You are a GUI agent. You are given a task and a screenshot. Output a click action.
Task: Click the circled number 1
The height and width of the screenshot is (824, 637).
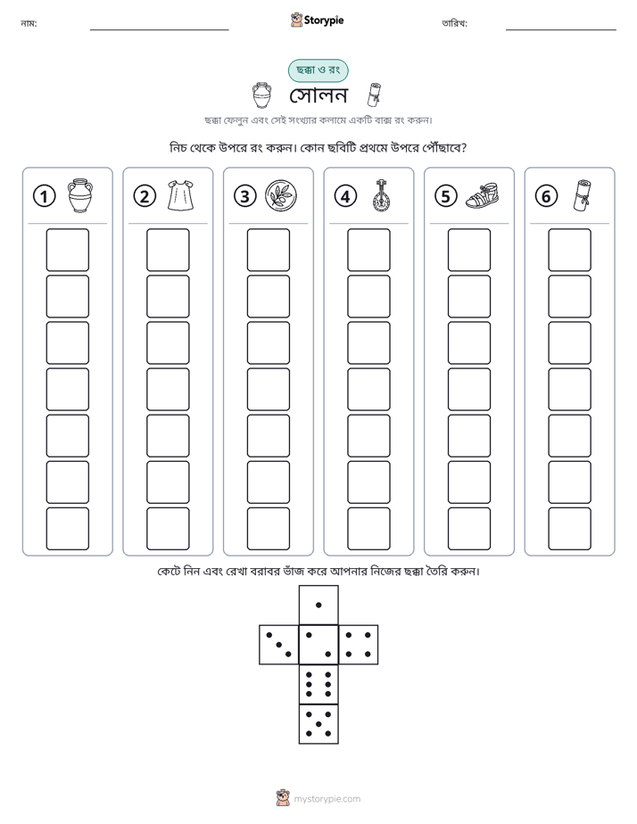point(44,196)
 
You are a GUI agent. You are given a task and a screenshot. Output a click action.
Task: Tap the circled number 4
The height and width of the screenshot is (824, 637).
point(345,196)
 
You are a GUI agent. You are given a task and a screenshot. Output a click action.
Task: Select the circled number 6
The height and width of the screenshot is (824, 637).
point(546,196)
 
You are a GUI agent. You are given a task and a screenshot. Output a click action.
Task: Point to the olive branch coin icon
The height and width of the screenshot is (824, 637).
point(281,195)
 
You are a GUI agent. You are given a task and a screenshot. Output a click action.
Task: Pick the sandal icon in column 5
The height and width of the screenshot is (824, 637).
point(482,195)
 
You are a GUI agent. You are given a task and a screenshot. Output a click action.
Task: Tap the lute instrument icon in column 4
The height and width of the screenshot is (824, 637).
point(381,195)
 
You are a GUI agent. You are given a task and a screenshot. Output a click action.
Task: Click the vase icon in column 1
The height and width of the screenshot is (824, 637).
point(80,195)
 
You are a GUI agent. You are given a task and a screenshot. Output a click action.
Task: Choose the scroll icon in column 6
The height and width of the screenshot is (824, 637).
point(582,195)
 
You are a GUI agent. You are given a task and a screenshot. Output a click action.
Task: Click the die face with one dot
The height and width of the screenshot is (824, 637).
point(318,605)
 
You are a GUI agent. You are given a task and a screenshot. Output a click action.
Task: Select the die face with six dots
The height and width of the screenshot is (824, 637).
point(318,684)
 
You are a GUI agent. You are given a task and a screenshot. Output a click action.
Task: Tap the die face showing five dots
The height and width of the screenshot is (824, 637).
point(318,724)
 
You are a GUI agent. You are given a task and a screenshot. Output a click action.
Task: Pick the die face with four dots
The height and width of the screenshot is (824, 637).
point(359,644)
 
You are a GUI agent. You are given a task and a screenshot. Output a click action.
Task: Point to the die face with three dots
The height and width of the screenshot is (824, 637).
point(279,644)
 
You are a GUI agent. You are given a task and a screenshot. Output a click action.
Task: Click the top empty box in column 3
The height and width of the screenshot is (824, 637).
point(268,250)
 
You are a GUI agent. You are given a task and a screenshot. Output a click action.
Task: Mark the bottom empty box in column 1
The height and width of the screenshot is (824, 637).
point(67,529)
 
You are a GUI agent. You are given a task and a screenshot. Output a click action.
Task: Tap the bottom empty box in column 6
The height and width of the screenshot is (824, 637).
point(569,529)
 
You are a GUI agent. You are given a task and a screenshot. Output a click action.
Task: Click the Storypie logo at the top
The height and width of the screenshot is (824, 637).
point(317,21)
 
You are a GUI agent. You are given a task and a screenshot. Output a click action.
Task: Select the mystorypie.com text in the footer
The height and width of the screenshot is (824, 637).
point(327,799)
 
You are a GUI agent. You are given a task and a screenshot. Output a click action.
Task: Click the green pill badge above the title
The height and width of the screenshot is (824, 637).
point(318,70)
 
